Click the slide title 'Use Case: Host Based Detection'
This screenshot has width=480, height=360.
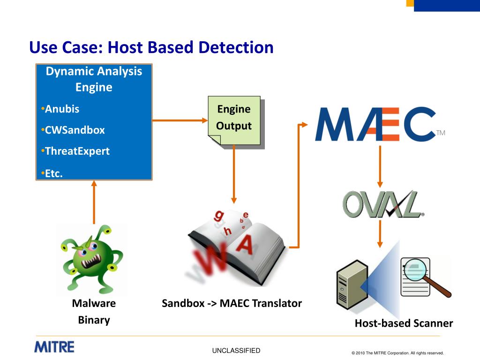pyautogui.click(x=151, y=47)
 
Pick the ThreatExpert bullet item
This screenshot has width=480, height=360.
pyautogui.click(x=77, y=151)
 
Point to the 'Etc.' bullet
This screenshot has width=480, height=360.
pyautogui.click(x=53, y=173)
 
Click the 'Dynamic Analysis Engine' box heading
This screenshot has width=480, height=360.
pyautogui.click(x=94, y=79)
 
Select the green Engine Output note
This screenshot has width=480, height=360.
pyautogui.click(x=234, y=120)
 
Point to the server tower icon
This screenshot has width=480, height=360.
pyautogui.click(x=350, y=288)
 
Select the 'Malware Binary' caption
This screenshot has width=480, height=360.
pyautogui.click(x=94, y=312)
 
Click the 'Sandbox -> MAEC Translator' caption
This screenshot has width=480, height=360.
pyautogui.click(x=232, y=303)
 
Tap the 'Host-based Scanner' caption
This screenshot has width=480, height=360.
pyautogui.click(x=404, y=323)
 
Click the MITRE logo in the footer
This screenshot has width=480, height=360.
pyautogui.click(x=54, y=347)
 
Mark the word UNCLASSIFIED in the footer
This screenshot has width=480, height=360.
pyautogui.click(x=236, y=351)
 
